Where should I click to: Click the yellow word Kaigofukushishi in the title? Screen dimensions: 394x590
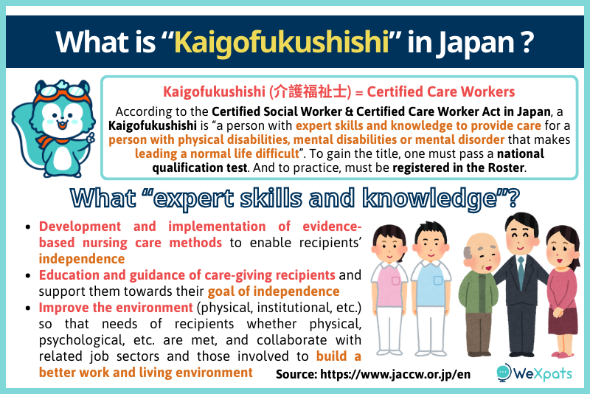pyautogui.click(x=281, y=41)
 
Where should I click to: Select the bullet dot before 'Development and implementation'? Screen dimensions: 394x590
pyautogui.click(x=27, y=227)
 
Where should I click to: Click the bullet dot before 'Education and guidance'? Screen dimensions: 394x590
pyautogui.click(x=27, y=276)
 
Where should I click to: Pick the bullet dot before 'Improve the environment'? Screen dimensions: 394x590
pyautogui.click(x=27, y=308)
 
